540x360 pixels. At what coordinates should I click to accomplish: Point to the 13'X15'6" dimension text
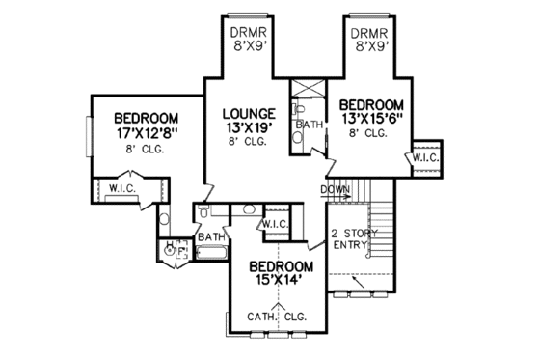tap(370, 119)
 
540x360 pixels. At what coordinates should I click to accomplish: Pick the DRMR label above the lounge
tap(248, 29)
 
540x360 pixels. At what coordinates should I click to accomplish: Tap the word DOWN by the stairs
tap(335, 189)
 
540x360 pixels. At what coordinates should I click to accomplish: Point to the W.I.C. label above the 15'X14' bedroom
tap(274, 225)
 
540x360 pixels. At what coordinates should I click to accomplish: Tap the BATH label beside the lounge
tap(310, 125)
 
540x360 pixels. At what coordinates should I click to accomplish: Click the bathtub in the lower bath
tap(211, 254)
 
